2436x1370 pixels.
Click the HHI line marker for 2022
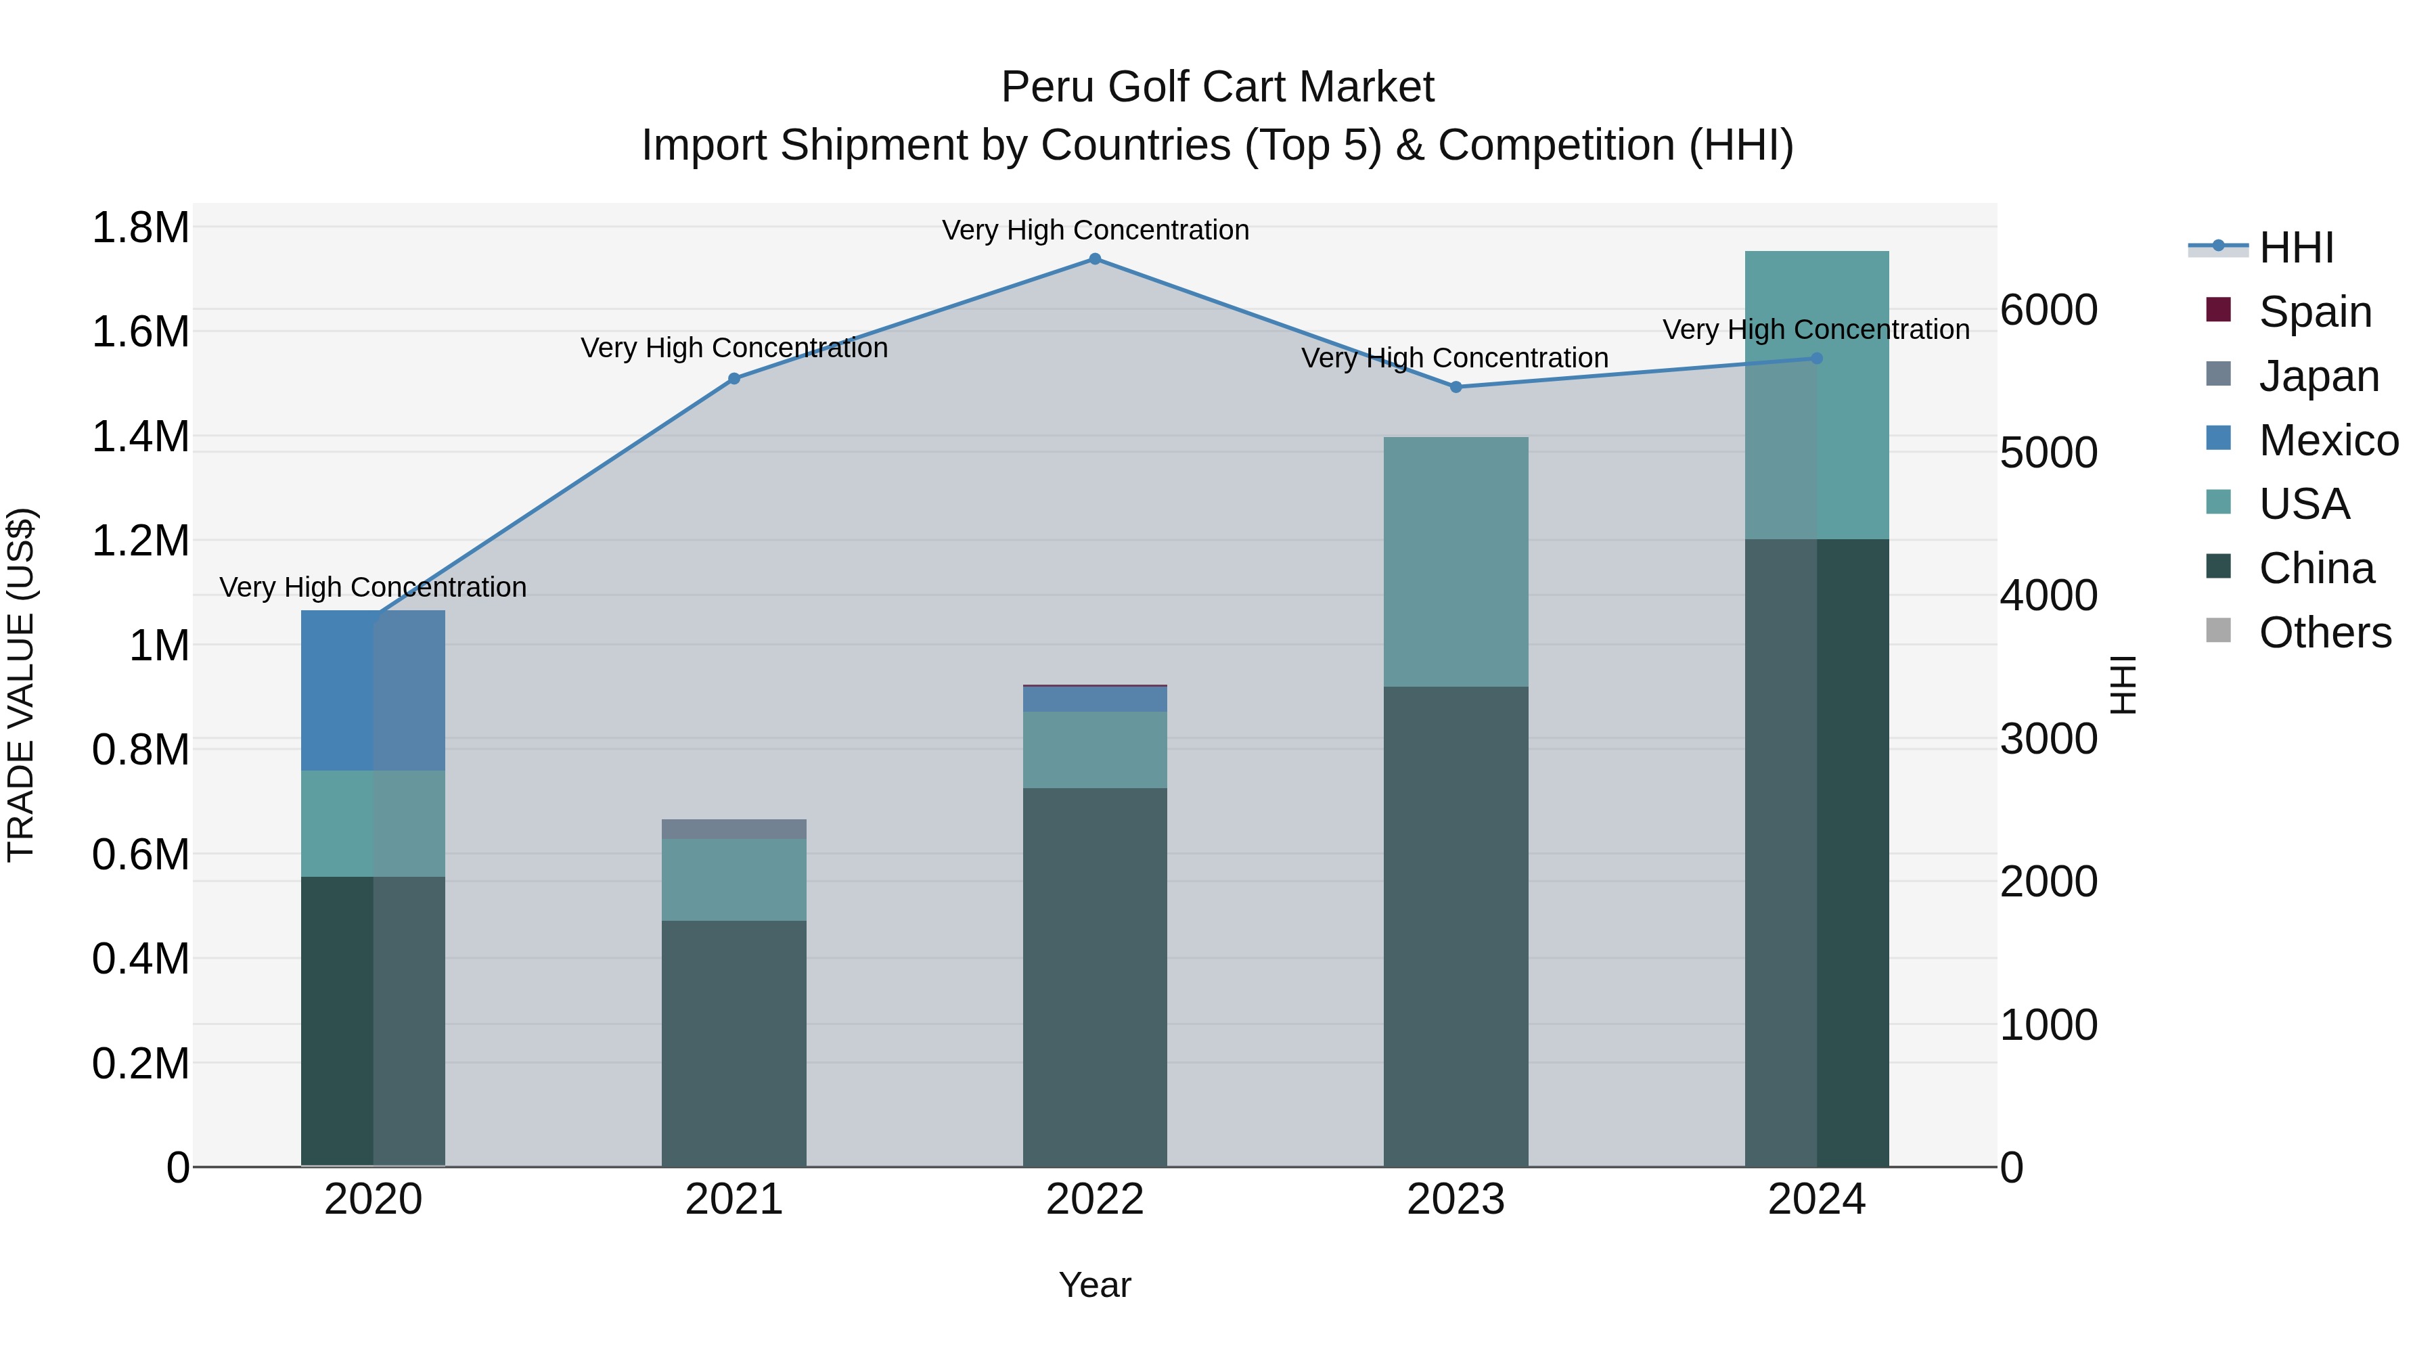click(1095, 259)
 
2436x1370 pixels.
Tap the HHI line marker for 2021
click(734, 379)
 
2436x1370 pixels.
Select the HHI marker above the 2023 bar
click(1456, 388)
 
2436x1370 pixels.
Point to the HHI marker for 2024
click(1817, 359)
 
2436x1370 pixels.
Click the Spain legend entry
click(2314, 311)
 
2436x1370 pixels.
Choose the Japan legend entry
click(2318, 376)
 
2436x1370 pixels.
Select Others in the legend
click(2324, 633)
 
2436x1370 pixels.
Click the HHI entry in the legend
click(2295, 248)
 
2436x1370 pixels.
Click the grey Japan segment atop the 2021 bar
click(734, 829)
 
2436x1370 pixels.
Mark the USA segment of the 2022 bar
click(1095, 750)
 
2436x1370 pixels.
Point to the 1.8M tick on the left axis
click(140, 228)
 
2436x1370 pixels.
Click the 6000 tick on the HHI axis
click(2048, 310)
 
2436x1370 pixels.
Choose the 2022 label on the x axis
click(1095, 1200)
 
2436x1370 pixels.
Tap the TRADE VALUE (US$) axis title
click(21, 685)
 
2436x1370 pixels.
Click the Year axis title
click(1095, 1285)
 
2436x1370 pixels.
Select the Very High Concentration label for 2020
click(373, 587)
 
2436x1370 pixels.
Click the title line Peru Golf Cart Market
click(1217, 87)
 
